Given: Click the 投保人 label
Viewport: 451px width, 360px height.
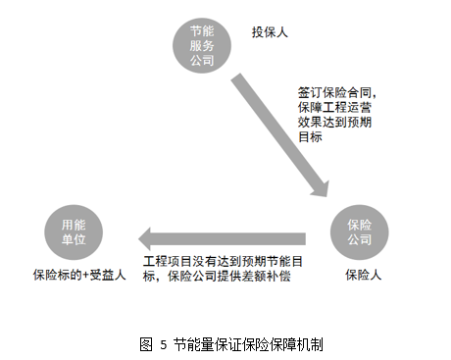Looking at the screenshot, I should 269,32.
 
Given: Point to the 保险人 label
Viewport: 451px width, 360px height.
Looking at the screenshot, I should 362,276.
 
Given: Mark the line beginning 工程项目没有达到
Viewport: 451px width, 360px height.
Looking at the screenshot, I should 222,261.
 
